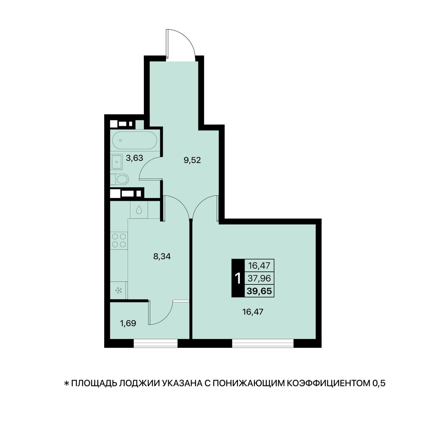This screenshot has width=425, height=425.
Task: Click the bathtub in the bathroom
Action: click(x=135, y=140)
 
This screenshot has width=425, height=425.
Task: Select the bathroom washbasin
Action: click(x=116, y=162)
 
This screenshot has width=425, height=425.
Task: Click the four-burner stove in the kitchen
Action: click(x=119, y=240)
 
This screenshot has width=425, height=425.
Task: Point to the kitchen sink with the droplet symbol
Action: click(x=139, y=210)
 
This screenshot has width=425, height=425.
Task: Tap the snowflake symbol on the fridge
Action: click(x=119, y=290)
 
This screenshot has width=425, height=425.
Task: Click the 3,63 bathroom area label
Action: click(x=135, y=158)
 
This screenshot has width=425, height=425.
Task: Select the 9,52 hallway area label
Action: click(x=192, y=160)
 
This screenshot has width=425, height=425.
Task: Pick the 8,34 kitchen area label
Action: click(x=162, y=256)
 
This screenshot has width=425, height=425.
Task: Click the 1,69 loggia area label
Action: click(x=128, y=323)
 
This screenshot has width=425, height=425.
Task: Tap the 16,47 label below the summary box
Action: click(x=253, y=312)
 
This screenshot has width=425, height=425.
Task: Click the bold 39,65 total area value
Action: click(x=259, y=291)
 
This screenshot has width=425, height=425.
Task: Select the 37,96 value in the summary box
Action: click(x=259, y=278)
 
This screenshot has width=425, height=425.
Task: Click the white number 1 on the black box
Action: click(x=238, y=279)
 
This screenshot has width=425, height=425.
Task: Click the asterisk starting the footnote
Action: click(x=66, y=389)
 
